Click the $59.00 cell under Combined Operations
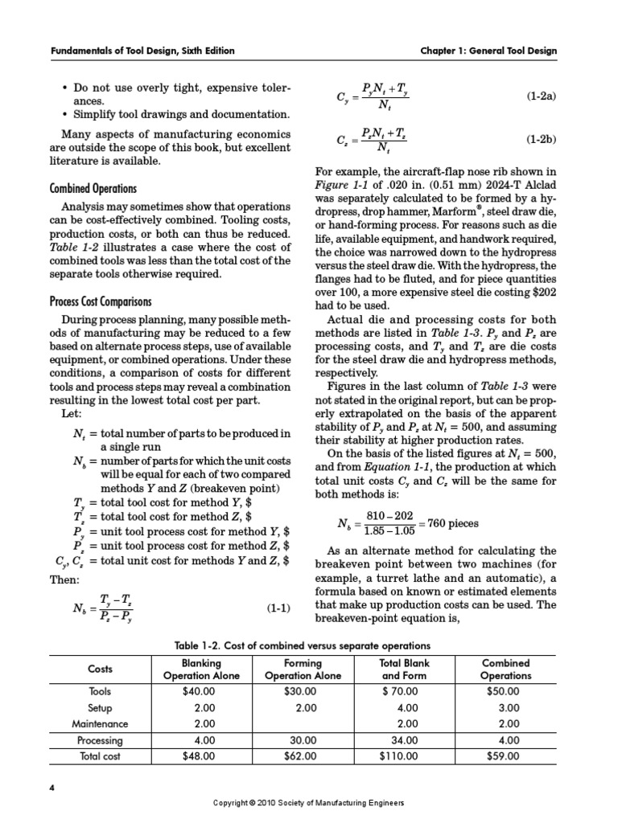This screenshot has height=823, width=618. [505, 755]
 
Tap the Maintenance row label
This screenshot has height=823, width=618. [101, 723]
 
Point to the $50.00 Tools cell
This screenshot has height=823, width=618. [505, 691]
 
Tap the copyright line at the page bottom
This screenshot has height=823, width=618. [308, 803]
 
